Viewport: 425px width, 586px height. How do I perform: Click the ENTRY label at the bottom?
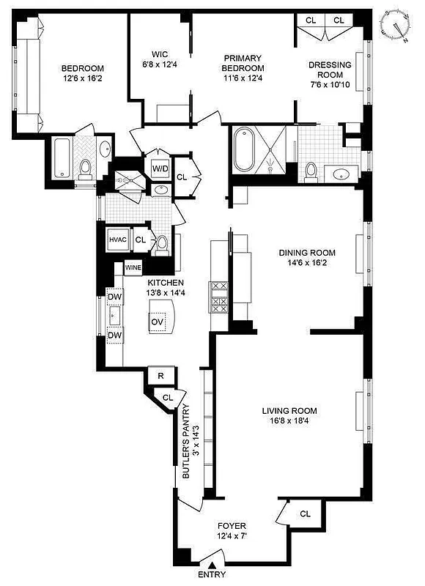click(x=212, y=576)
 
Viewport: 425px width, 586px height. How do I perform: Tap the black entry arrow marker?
click(x=212, y=564)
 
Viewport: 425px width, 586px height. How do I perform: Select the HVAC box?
click(x=118, y=240)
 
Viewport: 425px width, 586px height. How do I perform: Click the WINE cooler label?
click(x=133, y=268)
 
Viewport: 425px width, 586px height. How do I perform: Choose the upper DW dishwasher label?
click(x=115, y=297)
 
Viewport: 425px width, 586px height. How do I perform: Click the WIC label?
click(x=160, y=54)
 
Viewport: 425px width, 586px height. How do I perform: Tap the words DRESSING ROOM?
click(x=330, y=70)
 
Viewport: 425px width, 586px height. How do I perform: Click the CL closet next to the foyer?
click(x=305, y=514)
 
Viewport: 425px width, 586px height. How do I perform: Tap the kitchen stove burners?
click(x=219, y=297)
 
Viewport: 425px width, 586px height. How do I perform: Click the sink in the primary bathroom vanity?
click(x=341, y=175)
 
